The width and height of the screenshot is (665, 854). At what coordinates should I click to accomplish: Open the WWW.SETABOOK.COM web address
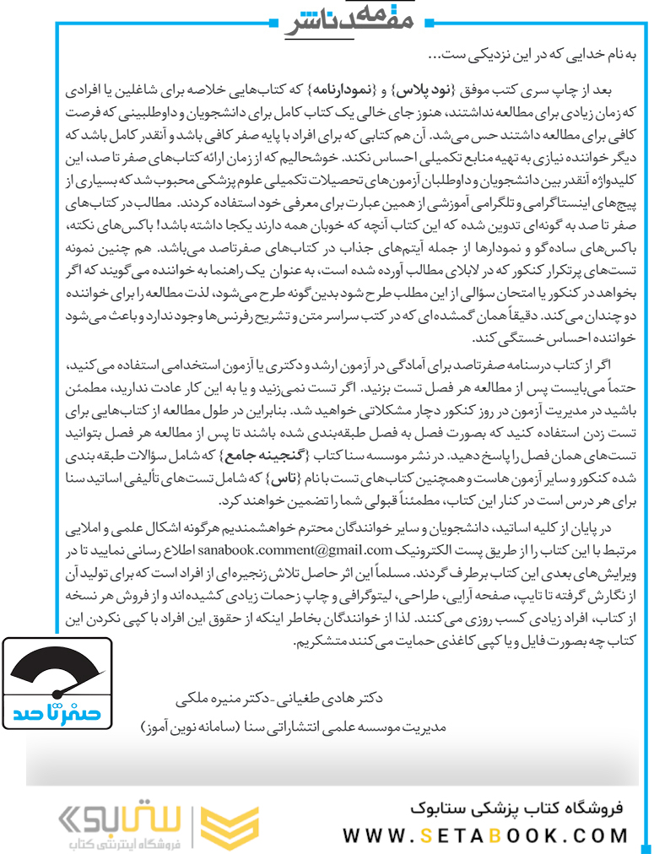pyautogui.click(x=485, y=835)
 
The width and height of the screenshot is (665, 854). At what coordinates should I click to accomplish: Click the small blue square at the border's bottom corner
pyautogui.click(x=645, y=845)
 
